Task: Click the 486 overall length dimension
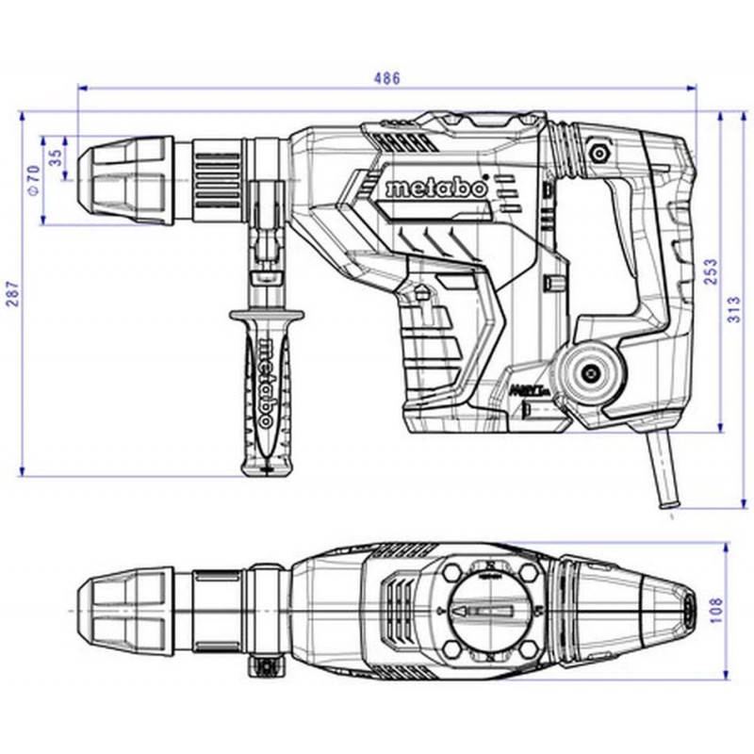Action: click(386, 78)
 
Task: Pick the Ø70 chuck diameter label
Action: click(32, 179)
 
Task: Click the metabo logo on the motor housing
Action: click(435, 188)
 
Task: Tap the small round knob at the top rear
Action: click(597, 149)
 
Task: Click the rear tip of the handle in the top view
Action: click(693, 608)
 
